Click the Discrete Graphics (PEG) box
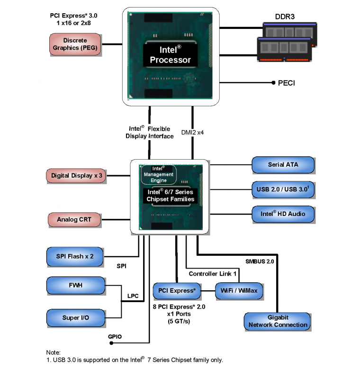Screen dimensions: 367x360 (x=75, y=44)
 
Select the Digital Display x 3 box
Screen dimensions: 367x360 (x=76, y=176)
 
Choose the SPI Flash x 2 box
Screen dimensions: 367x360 (x=75, y=256)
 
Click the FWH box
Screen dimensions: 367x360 (x=75, y=286)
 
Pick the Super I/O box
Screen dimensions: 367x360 (x=75, y=318)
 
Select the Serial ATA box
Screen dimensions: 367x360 (x=283, y=165)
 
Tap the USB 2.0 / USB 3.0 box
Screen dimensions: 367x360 (x=283, y=190)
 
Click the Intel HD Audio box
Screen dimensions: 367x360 (x=283, y=214)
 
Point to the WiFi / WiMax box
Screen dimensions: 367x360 (x=239, y=290)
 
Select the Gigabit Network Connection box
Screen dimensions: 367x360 (x=278, y=321)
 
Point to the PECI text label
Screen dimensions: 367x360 (x=286, y=83)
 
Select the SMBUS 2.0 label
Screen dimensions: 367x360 (x=260, y=261)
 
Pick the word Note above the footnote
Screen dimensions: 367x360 (x=54, y=353)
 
